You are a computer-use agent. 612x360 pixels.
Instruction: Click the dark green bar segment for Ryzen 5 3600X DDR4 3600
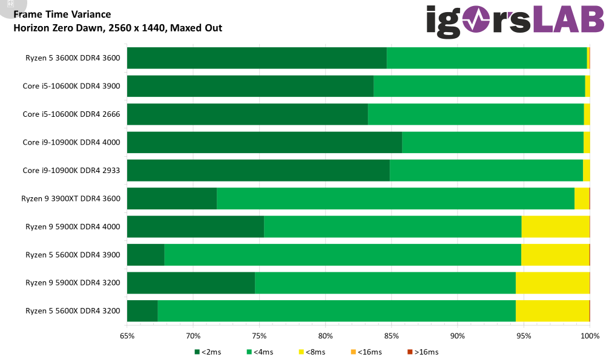(x=257, y=58)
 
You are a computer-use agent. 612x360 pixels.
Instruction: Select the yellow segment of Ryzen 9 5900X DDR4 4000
(x=556, y=227)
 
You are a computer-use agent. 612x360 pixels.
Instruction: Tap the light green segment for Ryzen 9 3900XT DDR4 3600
(x=395, y=198)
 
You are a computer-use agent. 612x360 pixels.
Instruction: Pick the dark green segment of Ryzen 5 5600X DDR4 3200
(x=142, y=311)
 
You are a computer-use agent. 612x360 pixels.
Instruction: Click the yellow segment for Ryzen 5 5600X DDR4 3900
(x=555, y=255)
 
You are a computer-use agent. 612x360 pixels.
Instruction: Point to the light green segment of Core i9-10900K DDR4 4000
(x=493, y=142)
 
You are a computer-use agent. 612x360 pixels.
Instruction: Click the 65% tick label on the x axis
(x=127, y=336)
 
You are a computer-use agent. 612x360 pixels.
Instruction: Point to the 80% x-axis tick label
(x=326, y=336)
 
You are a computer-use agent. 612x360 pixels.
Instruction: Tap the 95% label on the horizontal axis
(x=524, y=336)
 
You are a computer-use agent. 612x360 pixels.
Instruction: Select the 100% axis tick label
(x=590, y=336)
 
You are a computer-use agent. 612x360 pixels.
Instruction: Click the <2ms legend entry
(x=208, y=352)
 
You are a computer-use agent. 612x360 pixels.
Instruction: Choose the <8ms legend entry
(x=312, y=352)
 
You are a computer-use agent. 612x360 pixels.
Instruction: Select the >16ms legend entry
(x=423, y=352)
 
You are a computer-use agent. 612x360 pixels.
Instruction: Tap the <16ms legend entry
(x=366, y=352)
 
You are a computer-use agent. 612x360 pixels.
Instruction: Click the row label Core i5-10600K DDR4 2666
(x=71, y=114)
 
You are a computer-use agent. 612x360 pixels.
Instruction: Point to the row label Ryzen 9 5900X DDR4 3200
(x=73, y=283)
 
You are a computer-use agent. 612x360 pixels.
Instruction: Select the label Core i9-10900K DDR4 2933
(x=71, y=171)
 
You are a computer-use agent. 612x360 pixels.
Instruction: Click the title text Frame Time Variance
(x=62, y=15)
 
